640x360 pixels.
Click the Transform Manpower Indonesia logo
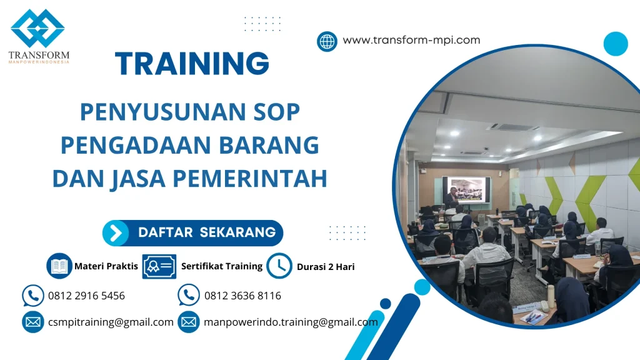point(38,34)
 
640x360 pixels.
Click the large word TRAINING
point(192,64)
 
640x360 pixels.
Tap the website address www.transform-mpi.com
point(411,40)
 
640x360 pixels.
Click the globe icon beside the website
point(327,41)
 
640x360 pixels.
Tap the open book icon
point(59,266)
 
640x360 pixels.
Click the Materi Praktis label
point(106,266)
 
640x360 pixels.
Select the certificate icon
point(159,266)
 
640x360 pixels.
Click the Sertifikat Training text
point(221,266)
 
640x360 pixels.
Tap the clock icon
point(279,266)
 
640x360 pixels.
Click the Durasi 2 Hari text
point(326,267)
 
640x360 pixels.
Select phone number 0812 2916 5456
point(86,296)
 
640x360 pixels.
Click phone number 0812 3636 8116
point(242,296)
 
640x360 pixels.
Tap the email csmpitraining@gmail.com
point(111,322)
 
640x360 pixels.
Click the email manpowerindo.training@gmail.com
point(291,322)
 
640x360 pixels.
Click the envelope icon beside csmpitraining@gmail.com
point(32,322)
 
